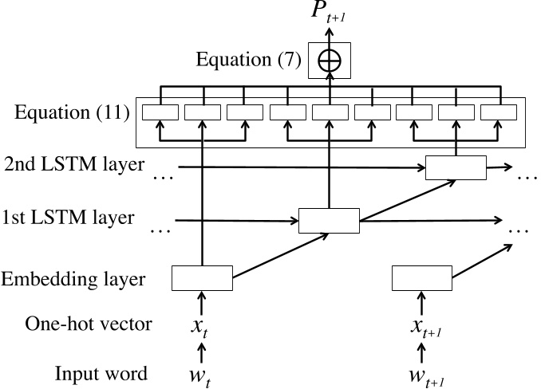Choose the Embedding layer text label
73,279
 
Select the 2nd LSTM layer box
455,167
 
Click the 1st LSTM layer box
329,220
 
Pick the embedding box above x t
202,278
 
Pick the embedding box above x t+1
423,278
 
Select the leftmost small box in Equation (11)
160,112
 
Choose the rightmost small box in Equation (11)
497,112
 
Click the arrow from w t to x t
201,349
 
